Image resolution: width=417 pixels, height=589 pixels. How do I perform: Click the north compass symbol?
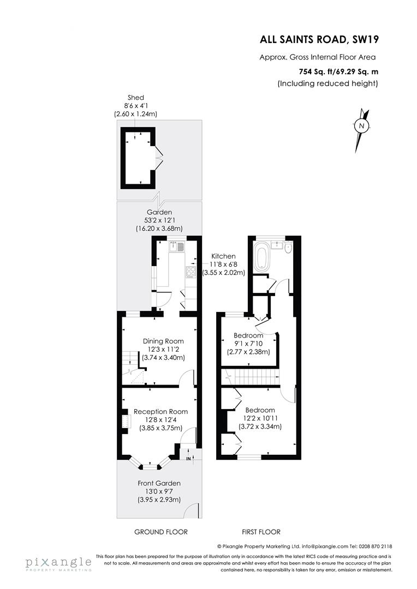[x=361, y=126]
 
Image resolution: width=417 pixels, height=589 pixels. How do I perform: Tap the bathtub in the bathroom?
[x=261, y=257]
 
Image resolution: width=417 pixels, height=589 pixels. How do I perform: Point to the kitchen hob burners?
[x=192, y=271]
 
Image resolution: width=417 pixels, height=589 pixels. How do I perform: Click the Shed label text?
[x=135, y=98]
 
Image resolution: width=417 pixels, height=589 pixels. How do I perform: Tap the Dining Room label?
[x=163, y=341]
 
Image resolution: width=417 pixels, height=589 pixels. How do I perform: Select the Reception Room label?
[x=160, y=412]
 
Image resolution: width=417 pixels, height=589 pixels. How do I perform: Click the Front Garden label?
[x=159, y=483]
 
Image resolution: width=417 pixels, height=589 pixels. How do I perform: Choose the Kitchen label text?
[x=224, y=256]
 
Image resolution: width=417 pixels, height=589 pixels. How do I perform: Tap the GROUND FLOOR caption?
[x=161, y=532]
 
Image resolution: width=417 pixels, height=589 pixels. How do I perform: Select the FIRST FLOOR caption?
[x=261, y=532]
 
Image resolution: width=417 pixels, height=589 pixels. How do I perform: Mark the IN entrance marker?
[x=188, y=459]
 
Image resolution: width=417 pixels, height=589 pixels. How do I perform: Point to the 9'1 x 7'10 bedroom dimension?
[x=248, y=344]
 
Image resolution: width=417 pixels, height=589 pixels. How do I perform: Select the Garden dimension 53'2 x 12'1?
[x=159, y=220]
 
